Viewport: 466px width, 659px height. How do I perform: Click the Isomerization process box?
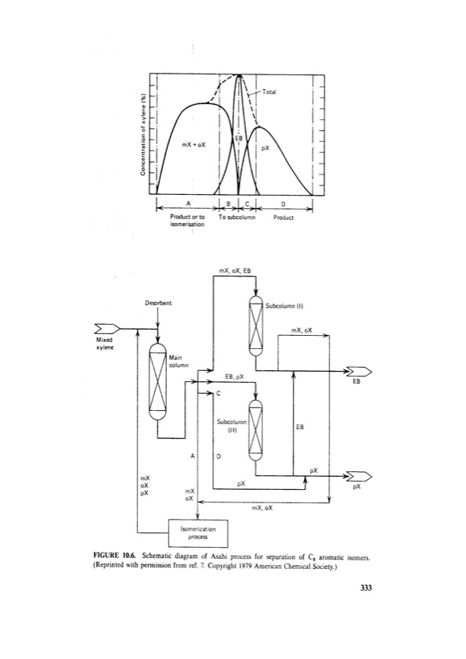(198, 532)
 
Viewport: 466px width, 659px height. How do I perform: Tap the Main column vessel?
(159, 383)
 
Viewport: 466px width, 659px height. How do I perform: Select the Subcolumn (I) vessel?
(256, 326)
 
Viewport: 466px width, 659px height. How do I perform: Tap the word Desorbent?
(158, 301)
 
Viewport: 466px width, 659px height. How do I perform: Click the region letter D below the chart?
(282, 203)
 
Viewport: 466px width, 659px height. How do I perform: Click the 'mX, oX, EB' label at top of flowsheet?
(236, 270)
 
